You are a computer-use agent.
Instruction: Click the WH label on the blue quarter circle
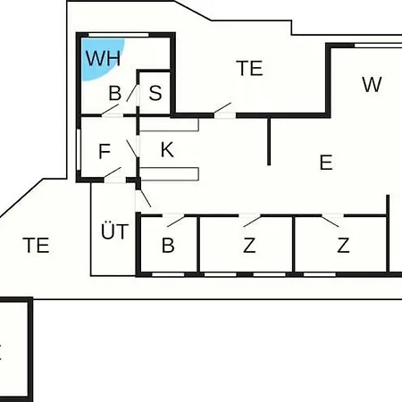[104, 58]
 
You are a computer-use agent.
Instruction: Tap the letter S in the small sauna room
[155, 93]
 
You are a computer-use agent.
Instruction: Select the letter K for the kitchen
[167, 149]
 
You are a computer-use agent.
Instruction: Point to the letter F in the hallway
[105, 151]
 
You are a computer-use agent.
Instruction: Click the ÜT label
[115, 230]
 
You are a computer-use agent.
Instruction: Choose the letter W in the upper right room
[372, 84]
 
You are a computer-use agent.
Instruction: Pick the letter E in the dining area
[326, 163]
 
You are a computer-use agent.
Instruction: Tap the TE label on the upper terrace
[249, 68]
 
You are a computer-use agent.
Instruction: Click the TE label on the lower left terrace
[36, 246]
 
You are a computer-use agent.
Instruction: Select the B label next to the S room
[115, 93]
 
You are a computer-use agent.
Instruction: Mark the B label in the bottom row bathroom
[168, 246]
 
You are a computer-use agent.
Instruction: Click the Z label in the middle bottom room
[249, 246]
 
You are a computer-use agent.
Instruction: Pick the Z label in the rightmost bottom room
[343, 246]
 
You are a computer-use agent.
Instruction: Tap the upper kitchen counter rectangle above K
[169, 125]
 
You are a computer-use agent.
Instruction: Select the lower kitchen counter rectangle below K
[169, 174]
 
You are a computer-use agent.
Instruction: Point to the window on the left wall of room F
[79, 149]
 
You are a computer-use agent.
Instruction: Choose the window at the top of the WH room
[119, 35]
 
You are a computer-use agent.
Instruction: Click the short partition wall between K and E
[269, 141]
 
